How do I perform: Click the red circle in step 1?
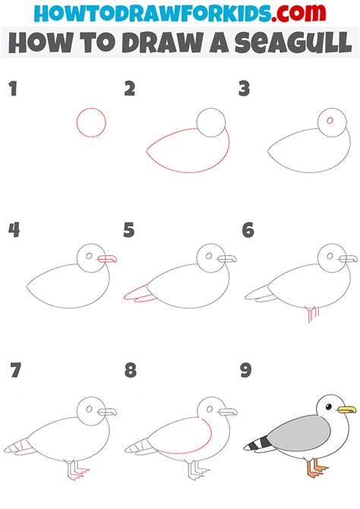tap(77, 123)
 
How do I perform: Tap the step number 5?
tap(129, 230)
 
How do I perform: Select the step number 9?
tap(246, 370)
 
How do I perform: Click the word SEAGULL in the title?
tap(293, 43)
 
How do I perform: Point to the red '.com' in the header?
tap(298, 13)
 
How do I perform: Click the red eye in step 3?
tap(330, 121)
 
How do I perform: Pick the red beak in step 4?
tap(107, 259)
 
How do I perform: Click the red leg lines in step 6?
tap(312, 314)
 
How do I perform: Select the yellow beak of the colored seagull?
tap(346, 409)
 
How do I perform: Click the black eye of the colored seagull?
tap(329, 406)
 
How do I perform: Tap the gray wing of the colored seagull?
tap(298, 433)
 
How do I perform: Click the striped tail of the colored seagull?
tap(258, 444)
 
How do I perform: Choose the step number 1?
tap(13, 89)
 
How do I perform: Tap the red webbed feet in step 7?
tap(78, 474)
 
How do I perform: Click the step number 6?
tap(248, 230)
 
